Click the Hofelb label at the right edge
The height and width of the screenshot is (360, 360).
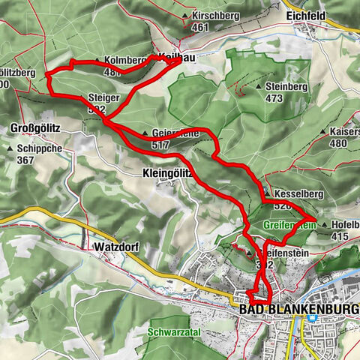[343, 224]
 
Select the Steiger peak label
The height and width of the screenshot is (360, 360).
[103, 97]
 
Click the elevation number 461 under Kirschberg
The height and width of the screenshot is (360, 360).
[199, 27]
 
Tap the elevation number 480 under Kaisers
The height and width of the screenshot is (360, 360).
[338, 142]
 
